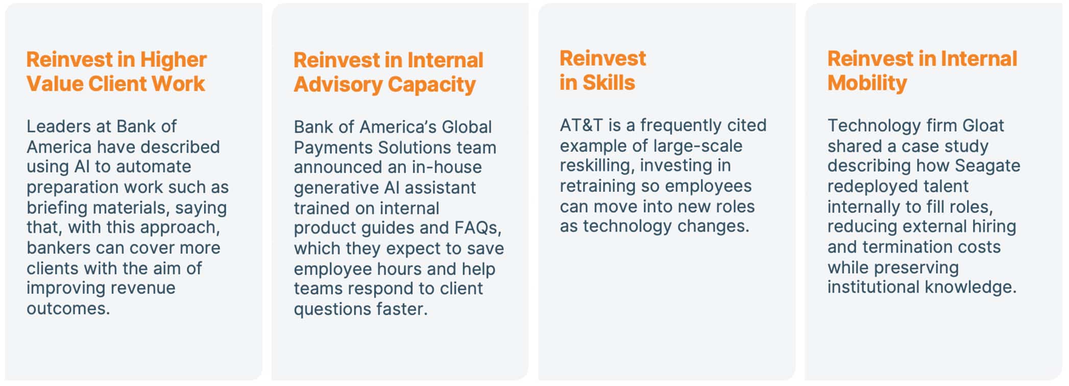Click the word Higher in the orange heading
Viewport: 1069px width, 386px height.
pos(173,60)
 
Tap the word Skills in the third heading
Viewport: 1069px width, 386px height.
pos(609,83)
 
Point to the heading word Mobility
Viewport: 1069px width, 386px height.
pos(867,83)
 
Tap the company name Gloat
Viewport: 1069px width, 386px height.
pos(983,125)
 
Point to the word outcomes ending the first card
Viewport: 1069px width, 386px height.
pos(68,308)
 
